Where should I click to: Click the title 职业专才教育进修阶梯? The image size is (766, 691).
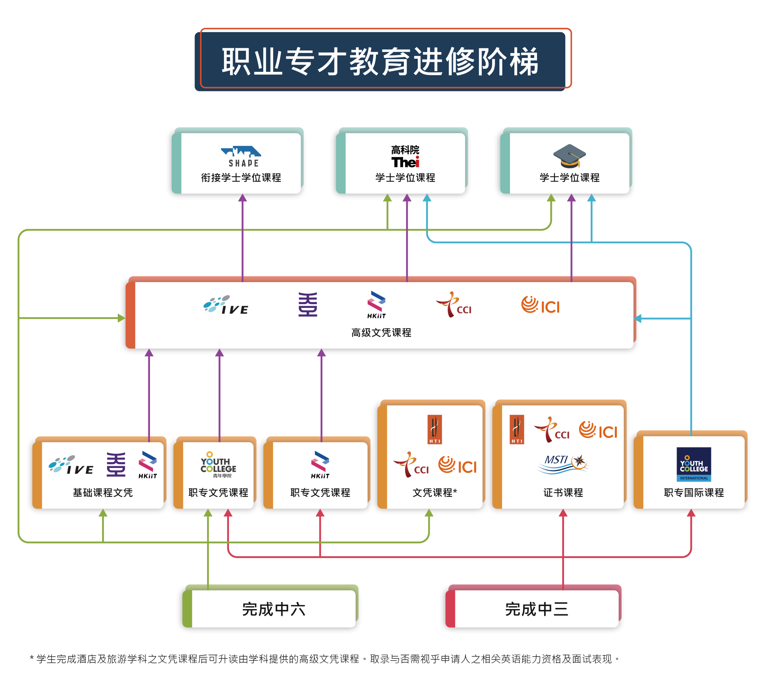coord(380,61)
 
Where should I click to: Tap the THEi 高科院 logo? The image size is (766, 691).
coord(405,157)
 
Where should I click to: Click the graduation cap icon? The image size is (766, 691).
coord(569,156)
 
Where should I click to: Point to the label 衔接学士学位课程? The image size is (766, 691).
coord(241,178)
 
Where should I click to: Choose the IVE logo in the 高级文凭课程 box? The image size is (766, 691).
coord(226,305)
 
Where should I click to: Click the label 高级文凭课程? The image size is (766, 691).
coord(381,333)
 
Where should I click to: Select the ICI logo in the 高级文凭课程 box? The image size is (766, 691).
coord(540,305)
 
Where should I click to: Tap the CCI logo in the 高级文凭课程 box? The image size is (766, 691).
coord(454,305)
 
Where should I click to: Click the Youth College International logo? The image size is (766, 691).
coord(693,464)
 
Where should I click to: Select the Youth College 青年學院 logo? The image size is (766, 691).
coord(218,465)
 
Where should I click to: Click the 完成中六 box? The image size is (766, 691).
coord(273,609)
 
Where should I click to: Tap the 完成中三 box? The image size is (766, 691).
coord(536,609)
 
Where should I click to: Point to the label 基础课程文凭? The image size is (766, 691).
coord(102,493)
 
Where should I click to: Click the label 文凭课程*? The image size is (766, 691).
coord(435,493)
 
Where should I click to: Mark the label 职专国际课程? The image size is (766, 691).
coord(693,493)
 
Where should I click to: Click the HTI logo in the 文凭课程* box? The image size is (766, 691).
coord(435,429)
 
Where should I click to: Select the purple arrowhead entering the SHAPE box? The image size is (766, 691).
coord(242,198)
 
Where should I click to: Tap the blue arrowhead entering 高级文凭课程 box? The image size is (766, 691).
coord(638,318)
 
